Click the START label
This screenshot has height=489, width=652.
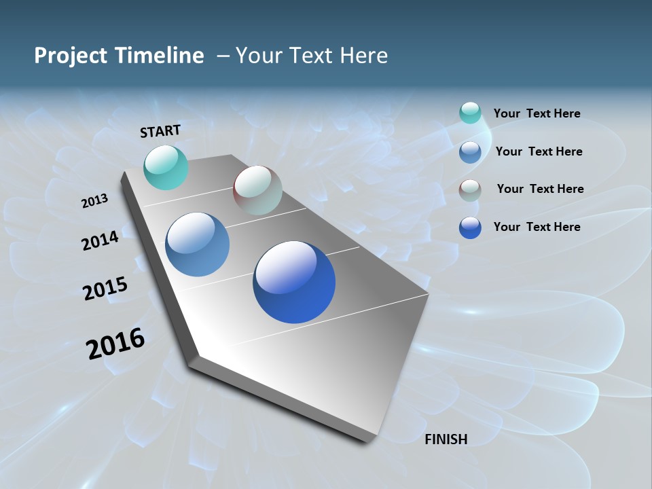(x=160, y=131)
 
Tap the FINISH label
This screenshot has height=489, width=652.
(x=446, y=439)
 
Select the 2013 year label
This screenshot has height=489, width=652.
(x=94, y=201)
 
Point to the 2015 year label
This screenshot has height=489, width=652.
(x=105, y=289)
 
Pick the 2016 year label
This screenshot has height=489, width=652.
(x=115, y=344)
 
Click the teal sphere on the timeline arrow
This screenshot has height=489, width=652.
(x=166, y=167)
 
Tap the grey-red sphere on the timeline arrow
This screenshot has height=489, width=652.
(x=257, y=190)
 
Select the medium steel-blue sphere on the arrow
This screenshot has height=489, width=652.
(x=197, y=244)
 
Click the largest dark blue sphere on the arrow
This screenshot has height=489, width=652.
(x=294, y=282)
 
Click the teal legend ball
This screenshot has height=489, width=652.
(x=470, y=113)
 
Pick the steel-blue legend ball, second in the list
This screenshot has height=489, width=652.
(x=470, y=151)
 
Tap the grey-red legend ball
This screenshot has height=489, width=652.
(x=470, y=189)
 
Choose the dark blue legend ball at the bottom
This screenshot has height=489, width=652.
(x=470, y=228)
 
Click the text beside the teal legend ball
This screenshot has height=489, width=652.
(x=537, y=113)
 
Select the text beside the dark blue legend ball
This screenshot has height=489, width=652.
(x=537, y=227)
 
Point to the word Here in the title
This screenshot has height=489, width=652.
(x=363, y=55)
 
